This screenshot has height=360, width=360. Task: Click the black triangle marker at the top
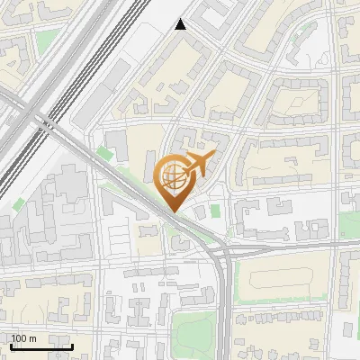(x=181, y=24)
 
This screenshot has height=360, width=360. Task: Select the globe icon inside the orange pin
(x=173, y=176)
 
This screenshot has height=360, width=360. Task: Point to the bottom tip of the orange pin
(x=174, y=211)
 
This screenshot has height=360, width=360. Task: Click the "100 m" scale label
(x=23, y=337)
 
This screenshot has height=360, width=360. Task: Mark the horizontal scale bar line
(x=41, y=346)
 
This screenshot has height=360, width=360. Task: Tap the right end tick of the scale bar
(x=72, y=344)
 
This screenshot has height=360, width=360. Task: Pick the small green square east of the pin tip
(x=215, y=211)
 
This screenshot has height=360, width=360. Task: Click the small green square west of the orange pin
(x=106, y=154)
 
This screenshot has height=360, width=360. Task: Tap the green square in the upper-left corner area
(x=47, y=40)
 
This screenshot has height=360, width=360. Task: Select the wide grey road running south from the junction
(x=222, y=306)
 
